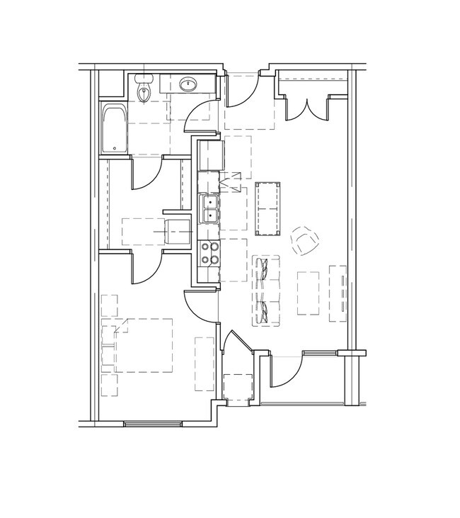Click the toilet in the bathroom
click(145, 89)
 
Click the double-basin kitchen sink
click(209, 210)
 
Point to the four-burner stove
click(209, 253)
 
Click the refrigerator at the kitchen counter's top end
click(211, 156)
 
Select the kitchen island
click(268, 208)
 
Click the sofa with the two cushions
click(265, 291)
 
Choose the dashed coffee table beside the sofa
click(308, 292)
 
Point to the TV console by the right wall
click(338, 292)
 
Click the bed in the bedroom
click(142, 345)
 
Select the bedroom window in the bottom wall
click(154, 424)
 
